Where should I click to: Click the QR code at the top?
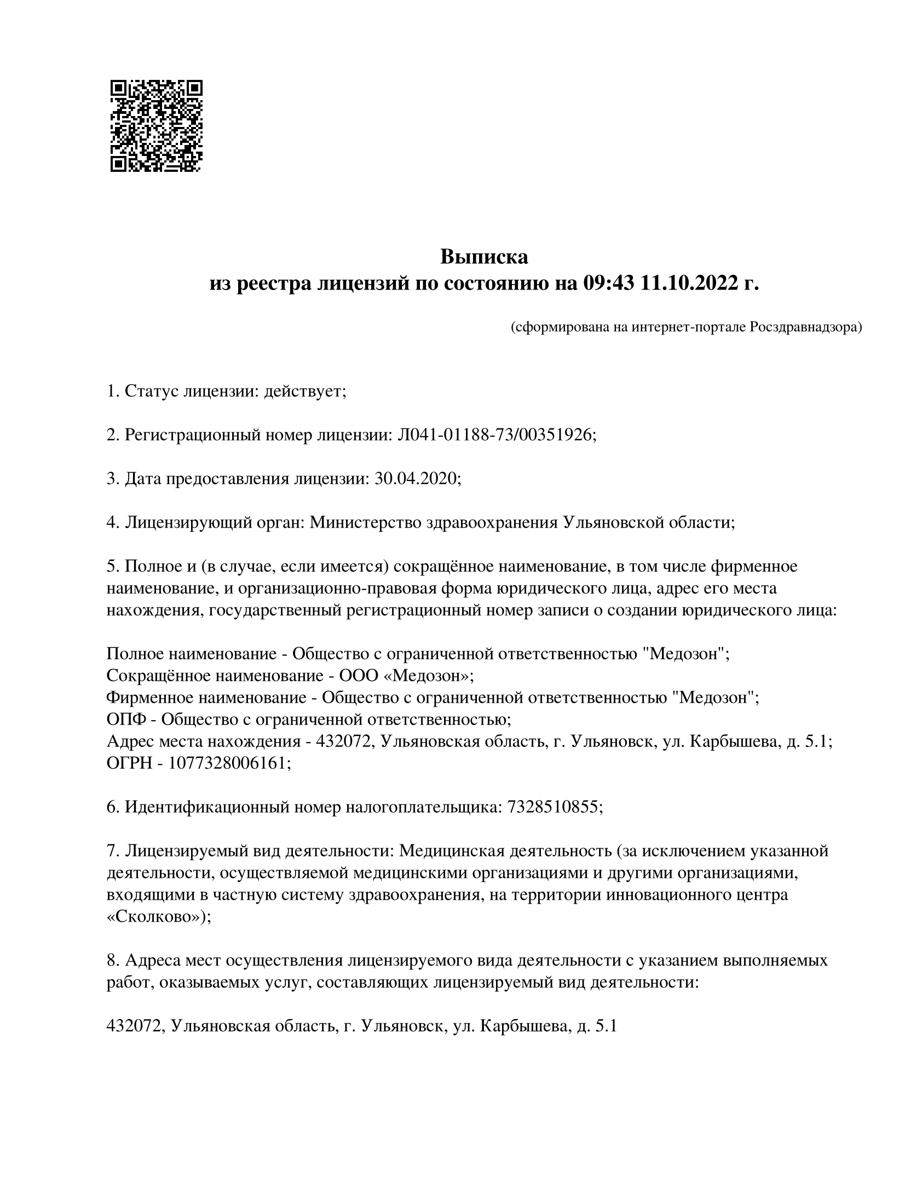coord(157,126)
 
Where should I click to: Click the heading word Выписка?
coord(484,256)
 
